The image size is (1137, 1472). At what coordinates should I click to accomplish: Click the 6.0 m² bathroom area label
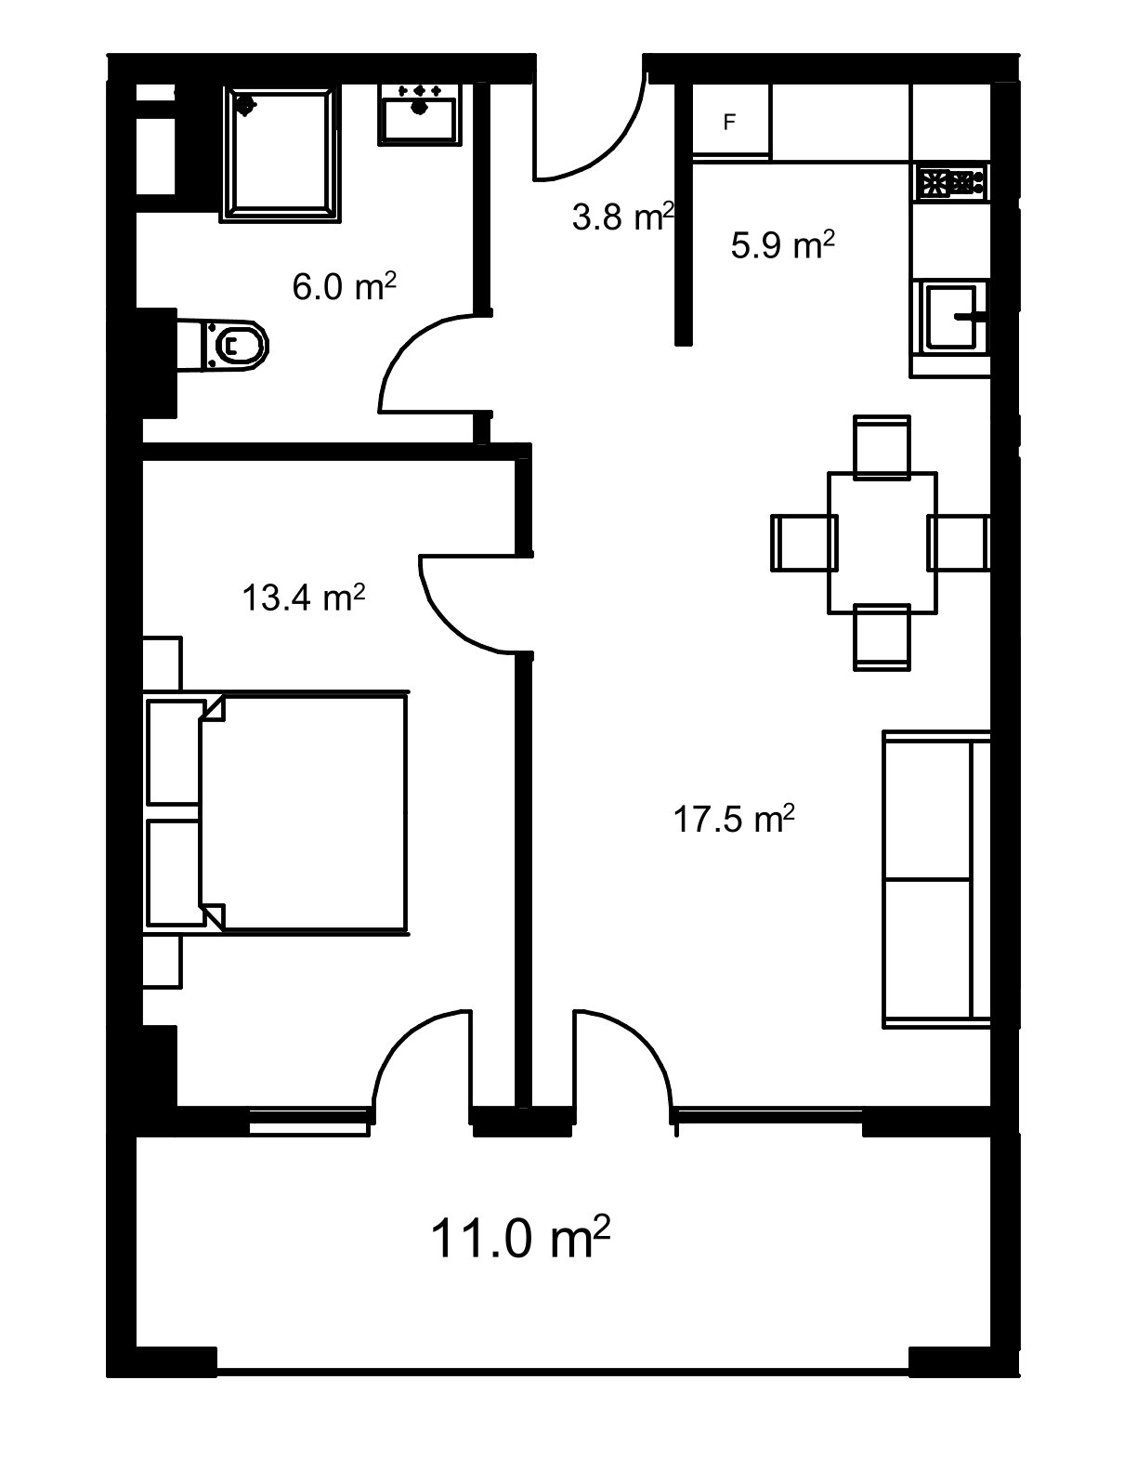coord(344,286)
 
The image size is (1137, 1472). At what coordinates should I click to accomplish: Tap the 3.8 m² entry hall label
coord(623,217)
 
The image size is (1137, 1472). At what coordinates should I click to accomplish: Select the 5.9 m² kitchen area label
coord(782,244)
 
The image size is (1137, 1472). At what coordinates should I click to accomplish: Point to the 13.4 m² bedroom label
coord(304,598)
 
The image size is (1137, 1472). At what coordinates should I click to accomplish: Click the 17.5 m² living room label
coord(734,819)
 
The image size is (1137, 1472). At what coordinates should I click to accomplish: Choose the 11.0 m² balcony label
coord(520,1237)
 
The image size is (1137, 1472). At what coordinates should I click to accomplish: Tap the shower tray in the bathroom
coord(281,153)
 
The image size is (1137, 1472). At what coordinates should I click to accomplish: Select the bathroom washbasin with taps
coord(420,114)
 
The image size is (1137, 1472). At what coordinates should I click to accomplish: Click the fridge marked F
coord(731,122)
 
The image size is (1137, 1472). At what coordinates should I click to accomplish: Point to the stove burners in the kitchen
coord(951,182)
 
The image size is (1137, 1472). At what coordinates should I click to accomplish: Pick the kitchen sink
coord(950,316)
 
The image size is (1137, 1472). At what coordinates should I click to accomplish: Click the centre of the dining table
coord(882,543)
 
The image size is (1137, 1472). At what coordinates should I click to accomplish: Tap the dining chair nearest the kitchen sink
coord(881,447)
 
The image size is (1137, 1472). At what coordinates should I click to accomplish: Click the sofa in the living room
coord(936,879)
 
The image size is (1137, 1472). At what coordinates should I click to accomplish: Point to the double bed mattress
coord(304,813)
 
